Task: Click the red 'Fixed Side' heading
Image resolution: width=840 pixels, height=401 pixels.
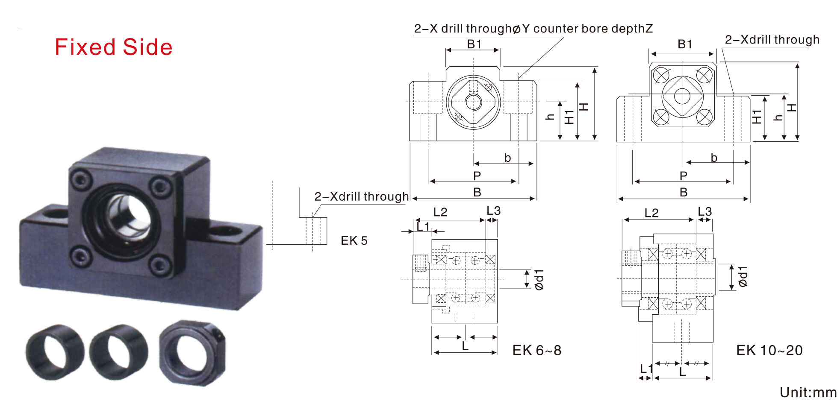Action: tap(114, 47)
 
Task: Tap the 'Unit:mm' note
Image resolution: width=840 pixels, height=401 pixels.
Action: tap(808, 392)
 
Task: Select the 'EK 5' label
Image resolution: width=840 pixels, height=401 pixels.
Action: tap(354, 240)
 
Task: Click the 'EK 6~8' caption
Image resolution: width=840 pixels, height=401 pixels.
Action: tap(537, 350)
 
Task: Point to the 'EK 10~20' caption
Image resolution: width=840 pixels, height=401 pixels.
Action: tap(769, 350)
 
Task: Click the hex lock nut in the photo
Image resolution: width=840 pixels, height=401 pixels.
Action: tap(192, 353)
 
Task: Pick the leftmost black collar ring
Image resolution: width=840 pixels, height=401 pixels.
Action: tap(55, 352)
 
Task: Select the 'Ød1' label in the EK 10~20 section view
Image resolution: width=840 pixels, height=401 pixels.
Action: tap(743, 276)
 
